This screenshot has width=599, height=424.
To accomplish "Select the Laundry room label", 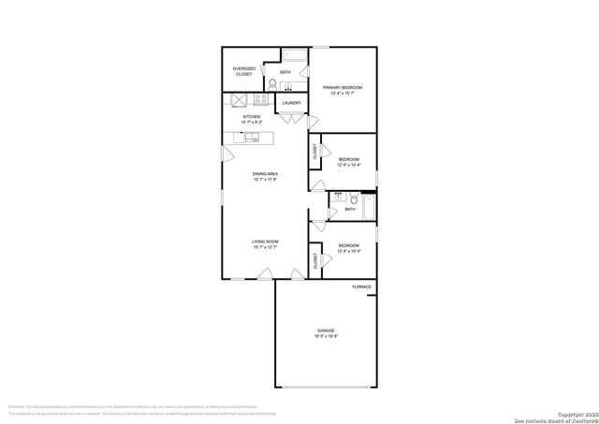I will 291,103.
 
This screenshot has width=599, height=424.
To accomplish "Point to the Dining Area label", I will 265,176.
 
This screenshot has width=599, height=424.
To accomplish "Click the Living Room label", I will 265,244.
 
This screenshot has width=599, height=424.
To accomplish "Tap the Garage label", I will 325,335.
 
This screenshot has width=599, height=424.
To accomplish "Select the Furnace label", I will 361,286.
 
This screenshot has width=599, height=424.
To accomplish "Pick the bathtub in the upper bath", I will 296,52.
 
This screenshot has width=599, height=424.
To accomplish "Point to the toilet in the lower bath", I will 354,198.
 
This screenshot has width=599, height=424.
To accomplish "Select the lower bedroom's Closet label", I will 315,261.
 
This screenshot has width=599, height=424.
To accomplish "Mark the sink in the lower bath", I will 338,198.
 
